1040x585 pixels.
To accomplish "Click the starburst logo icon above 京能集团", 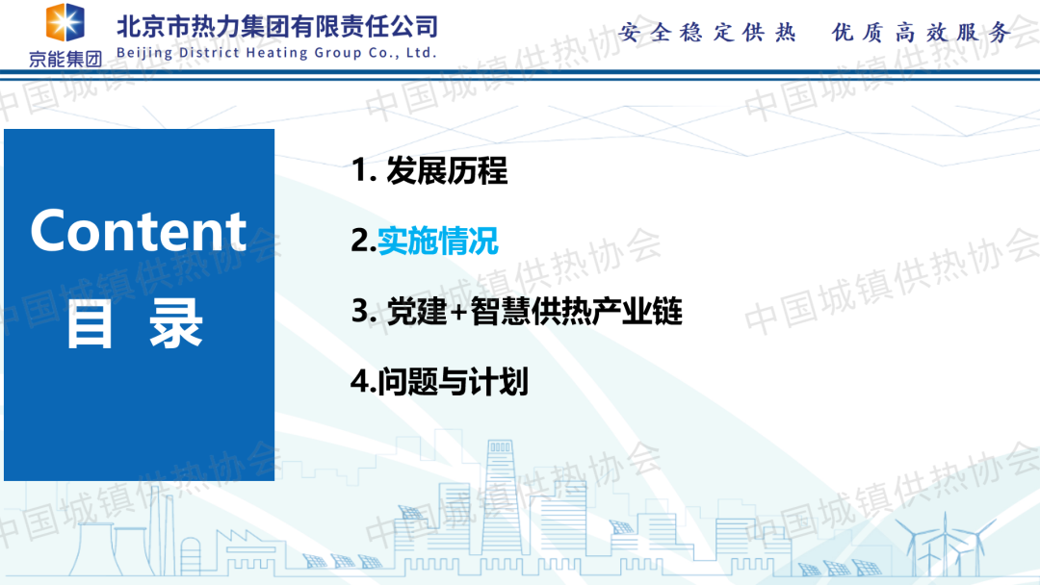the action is pos(65,22).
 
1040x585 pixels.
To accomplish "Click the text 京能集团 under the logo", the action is pos(65,59).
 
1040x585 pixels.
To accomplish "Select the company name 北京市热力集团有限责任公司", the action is pos(277,27).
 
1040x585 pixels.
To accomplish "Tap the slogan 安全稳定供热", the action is pos(707,32).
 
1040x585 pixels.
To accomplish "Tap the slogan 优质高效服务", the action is pos(922,32).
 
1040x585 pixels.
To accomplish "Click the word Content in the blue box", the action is pos(138,231).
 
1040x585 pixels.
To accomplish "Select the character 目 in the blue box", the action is pos(90,323).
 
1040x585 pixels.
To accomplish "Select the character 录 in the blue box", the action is pos(176,323).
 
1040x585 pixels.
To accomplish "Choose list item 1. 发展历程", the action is pos(429,170).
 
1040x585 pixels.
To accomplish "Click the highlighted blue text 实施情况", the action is pos(438,241).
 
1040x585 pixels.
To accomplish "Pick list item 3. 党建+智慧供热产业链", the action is pos(517,311).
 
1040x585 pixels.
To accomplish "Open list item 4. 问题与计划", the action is pos(439,381).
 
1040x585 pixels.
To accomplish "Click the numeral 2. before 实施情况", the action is pos(363,241).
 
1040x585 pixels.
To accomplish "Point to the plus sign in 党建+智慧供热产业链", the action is pos(458,312).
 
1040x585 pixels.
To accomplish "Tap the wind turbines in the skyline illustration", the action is pos(946,544).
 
